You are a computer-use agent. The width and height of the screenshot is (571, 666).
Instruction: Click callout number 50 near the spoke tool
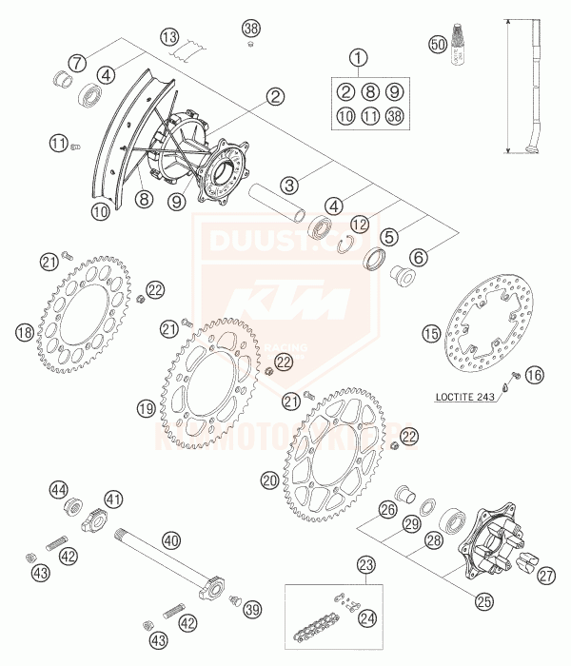[x=437, y=45]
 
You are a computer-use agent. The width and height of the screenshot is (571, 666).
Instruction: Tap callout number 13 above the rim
[x=169, y=37]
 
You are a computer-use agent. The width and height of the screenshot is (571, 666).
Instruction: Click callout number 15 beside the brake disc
[x=431, y=333]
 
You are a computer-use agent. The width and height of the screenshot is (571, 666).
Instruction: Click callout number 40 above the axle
[x=170, y=539]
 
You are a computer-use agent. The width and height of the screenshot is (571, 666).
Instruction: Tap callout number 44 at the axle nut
[x=59, y=489]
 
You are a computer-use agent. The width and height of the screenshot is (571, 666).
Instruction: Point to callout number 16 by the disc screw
[x=534, y=376]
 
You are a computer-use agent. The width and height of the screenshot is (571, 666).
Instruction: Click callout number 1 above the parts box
[x=358, y=58]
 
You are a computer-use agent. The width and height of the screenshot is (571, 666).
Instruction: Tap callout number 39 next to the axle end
[x=252, y=609]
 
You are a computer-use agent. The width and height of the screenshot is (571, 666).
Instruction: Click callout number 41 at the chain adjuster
[x=113, y=498]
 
